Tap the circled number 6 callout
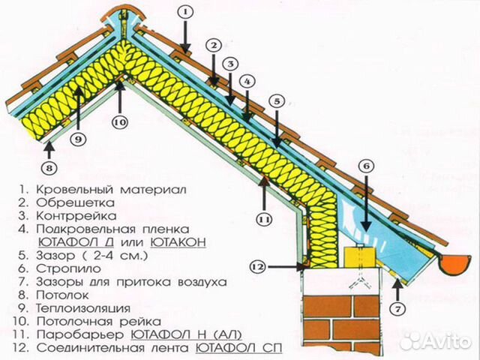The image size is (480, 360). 367,166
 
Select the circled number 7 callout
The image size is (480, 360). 397,309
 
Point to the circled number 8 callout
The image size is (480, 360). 50,168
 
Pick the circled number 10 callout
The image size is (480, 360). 120,122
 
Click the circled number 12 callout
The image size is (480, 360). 258,267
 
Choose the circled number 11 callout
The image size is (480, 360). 264,220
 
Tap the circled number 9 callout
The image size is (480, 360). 78,139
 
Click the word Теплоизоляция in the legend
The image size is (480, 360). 83,308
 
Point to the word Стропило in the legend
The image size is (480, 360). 68,268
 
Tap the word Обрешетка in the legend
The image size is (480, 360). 75,202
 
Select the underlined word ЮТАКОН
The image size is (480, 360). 178,242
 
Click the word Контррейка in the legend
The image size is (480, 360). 76,216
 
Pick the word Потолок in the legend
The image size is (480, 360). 62,295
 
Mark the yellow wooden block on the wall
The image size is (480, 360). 360,257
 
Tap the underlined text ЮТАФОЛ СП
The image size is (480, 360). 238,348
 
